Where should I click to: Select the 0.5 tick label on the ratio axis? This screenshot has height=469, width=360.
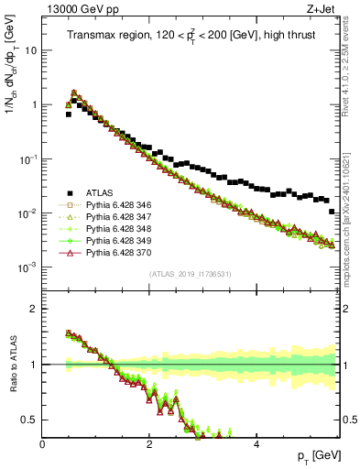29,420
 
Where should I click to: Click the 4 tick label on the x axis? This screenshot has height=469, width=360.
256,443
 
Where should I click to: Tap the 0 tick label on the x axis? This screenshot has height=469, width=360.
43,443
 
